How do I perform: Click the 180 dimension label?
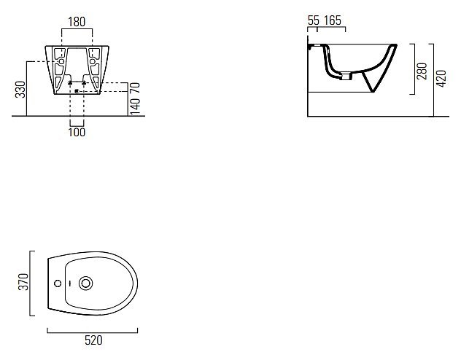tap(77, 22)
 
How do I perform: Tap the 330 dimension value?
tap(20, 90)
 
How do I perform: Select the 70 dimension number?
tap(135, 87)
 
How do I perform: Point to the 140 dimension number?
tap(135, 106)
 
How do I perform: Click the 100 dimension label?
tap(77, 132)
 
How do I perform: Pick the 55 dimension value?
tap(314, 20)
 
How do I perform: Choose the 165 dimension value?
tap(333, 20)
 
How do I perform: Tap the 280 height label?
tap(422, 71)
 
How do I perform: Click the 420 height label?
tap(441, 79)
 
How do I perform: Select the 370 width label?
tap(23, 282)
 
